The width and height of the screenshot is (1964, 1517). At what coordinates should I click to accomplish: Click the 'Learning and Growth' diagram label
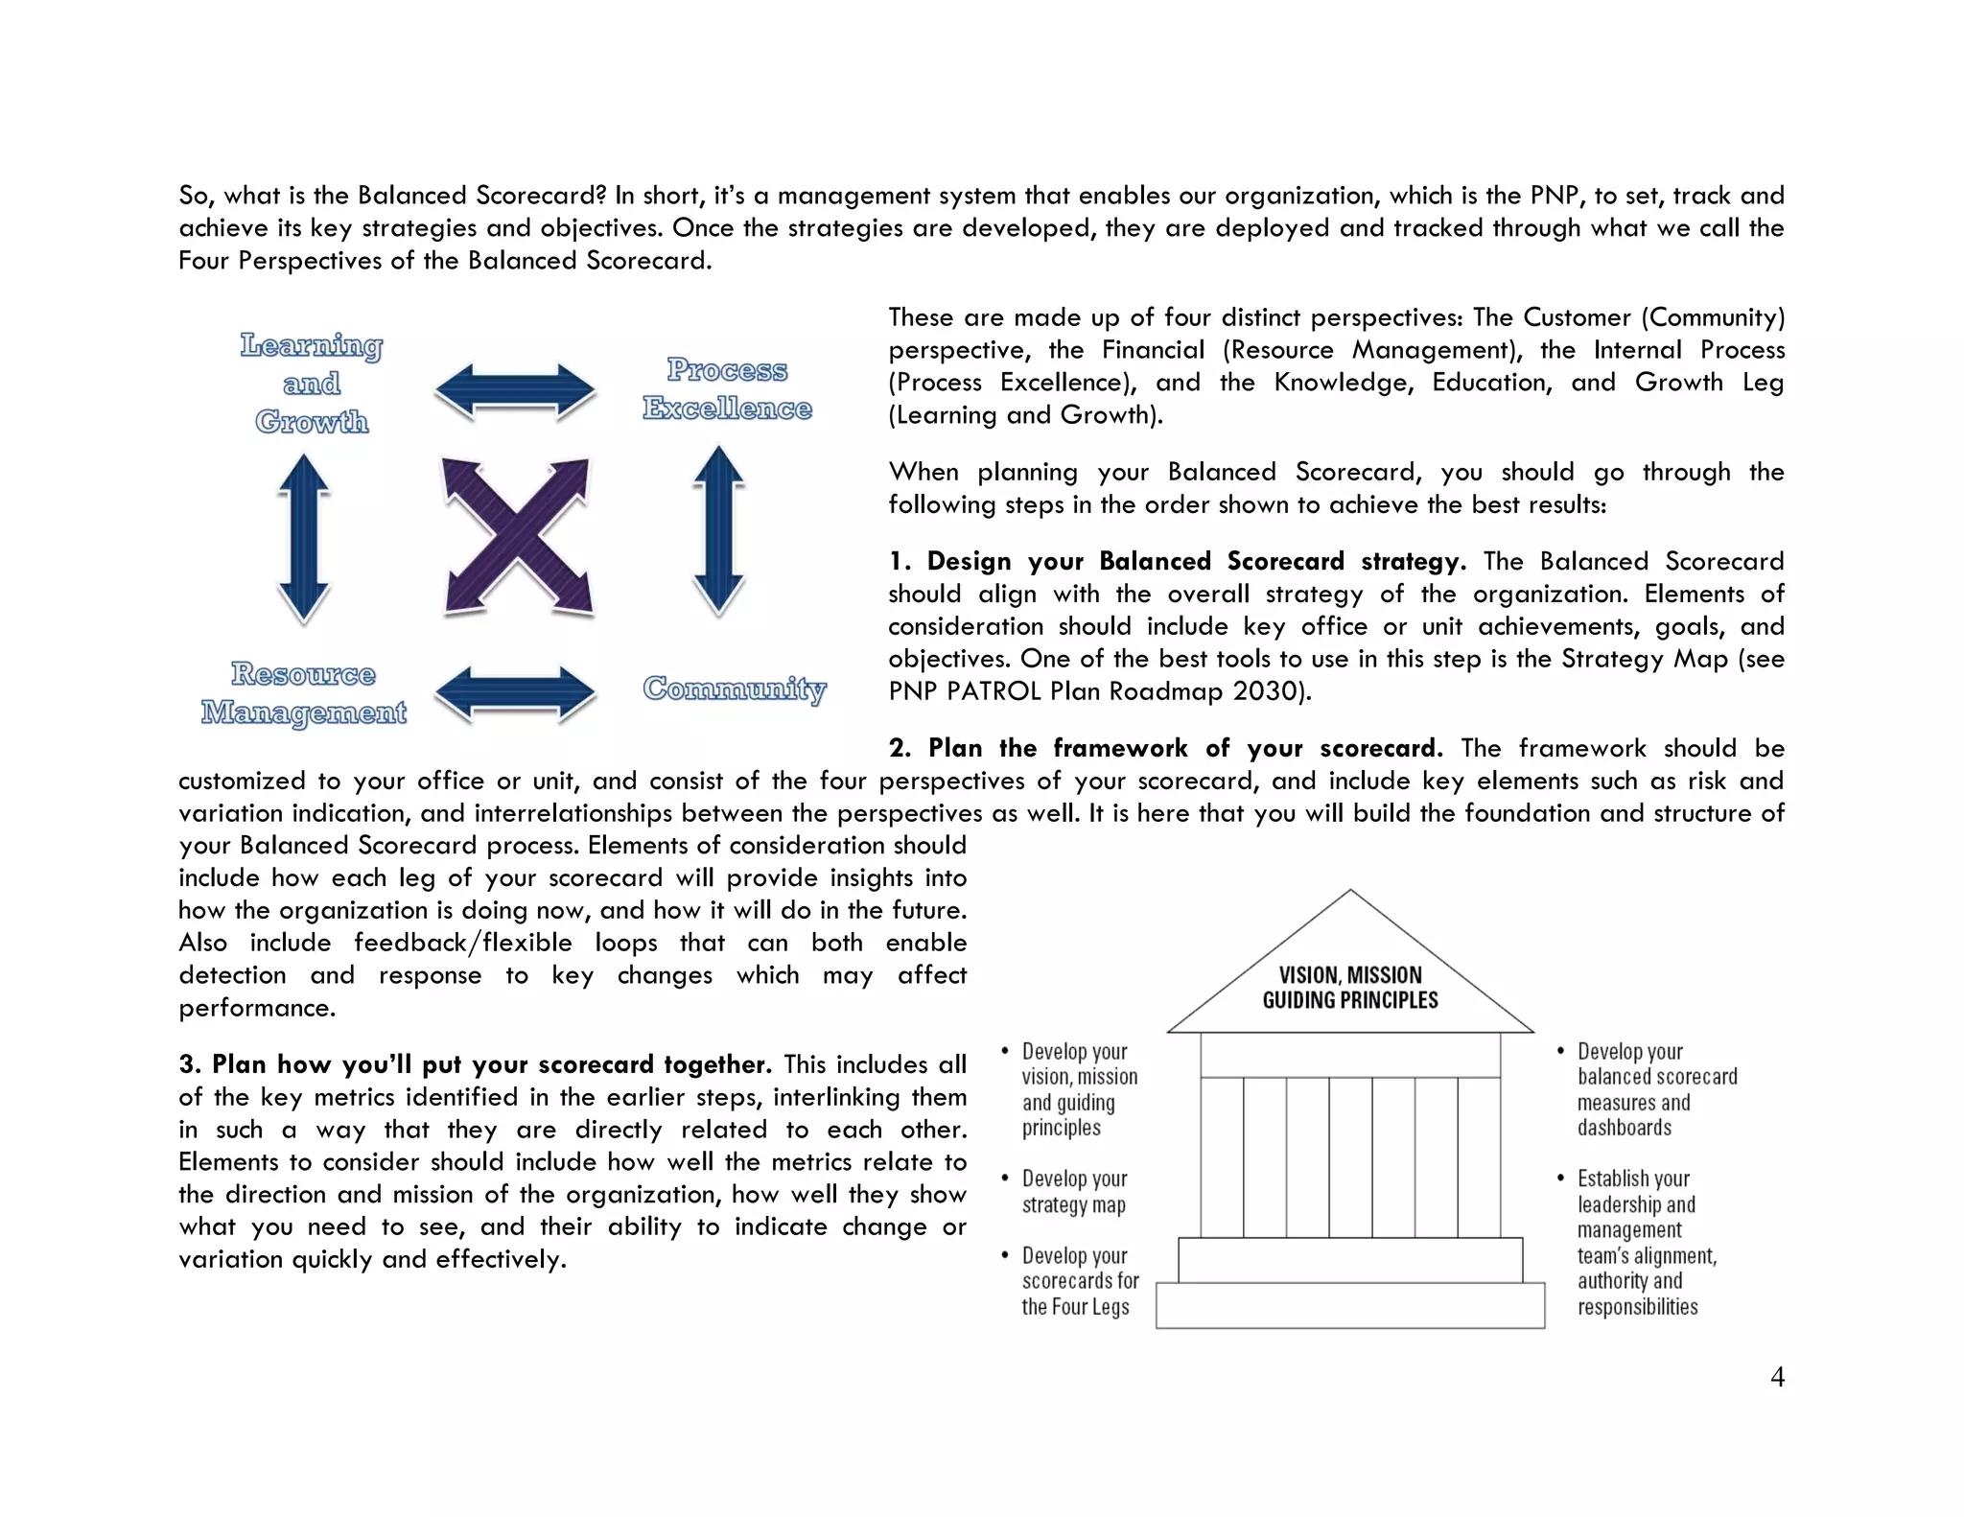312,384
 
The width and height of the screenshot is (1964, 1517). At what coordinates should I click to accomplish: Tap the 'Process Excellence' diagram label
727,389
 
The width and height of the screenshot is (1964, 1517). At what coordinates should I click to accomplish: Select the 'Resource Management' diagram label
303,693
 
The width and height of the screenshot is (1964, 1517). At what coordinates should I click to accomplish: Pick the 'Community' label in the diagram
734,688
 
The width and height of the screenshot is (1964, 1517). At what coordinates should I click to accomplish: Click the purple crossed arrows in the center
517,536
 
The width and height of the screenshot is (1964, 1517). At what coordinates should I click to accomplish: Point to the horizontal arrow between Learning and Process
515,391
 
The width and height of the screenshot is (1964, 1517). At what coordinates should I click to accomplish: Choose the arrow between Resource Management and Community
515,693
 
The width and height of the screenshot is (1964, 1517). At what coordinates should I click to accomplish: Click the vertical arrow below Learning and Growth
304,537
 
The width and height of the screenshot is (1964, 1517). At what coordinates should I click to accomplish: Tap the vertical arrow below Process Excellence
718,530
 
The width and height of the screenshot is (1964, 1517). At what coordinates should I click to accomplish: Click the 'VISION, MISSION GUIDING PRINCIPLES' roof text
1350,988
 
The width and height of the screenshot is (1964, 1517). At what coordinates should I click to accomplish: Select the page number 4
1777,1377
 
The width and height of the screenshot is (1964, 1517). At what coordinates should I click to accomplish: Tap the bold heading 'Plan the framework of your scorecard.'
1185,748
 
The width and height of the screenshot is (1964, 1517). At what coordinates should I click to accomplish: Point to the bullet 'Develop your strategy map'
1074,1192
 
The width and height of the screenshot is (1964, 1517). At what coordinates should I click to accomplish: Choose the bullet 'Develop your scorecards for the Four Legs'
1079,1281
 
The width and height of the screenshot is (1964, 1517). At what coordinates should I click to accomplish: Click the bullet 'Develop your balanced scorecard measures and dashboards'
1656,1089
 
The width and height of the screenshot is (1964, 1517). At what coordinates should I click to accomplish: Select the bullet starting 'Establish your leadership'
1647,1242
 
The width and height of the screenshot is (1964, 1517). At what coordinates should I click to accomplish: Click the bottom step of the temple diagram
1350,1305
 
